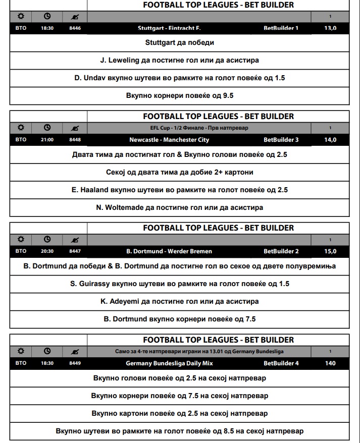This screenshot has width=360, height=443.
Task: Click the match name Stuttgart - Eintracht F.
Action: click(x=169, y=28)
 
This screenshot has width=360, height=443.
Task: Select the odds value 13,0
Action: click(x=330, y=28)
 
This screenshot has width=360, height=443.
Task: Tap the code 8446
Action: click(x=75, y=28)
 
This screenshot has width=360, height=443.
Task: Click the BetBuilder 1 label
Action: click(x=281, y=28)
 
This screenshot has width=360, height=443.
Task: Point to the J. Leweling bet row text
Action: click(x=180, y=60)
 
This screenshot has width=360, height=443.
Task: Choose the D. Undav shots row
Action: click(x=180, y=78)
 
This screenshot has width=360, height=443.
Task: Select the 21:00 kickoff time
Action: click(x=47, y=140)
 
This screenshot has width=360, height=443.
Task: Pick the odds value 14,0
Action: click(x=330, y=140)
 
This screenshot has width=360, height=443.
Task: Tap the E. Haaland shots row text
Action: click(x=180, y=190)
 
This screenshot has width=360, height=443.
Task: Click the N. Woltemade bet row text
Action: click(x=180, y=207)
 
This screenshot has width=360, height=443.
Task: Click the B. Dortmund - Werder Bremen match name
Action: click(x=169, y=251)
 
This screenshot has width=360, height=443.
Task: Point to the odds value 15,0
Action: click(x=330, y=251)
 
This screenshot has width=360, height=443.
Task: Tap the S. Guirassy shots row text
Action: click(x=180, y=284)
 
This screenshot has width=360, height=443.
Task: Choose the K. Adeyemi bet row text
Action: click(x=180, y=301)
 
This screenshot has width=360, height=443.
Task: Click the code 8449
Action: click(x=75, y=363)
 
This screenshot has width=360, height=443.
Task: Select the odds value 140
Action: click(x=330, y=363)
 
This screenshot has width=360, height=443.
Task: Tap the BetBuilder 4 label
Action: click(x=281, y=363)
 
